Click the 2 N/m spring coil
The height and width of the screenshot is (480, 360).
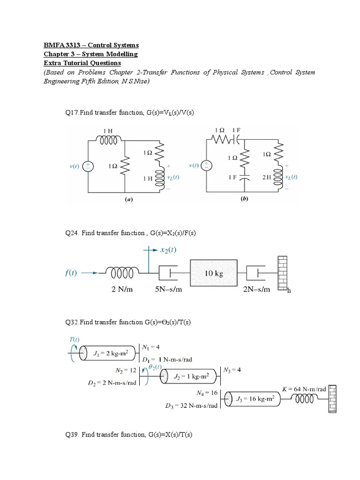tap(122, 272)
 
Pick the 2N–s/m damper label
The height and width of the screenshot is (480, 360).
tap(257, 289)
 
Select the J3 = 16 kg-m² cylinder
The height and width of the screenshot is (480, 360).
tap(253, 399)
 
